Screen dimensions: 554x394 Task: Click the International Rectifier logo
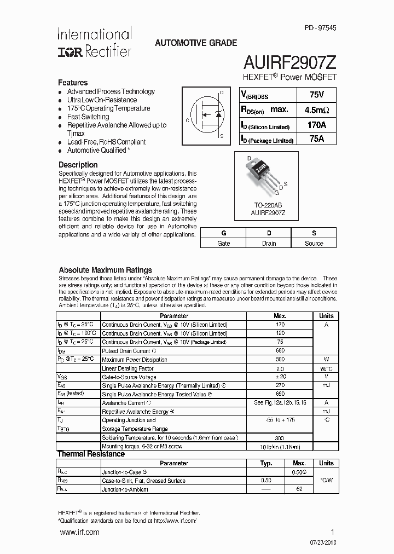(x=95, y=43)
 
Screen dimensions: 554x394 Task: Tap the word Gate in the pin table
(x=223, y=244)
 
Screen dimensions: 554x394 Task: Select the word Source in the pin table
(x=314, y=244)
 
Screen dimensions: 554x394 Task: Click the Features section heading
(x=73, y=82)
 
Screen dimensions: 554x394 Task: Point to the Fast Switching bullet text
(x=88, y=117)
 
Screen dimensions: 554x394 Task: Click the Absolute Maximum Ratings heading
(x=105, y=270)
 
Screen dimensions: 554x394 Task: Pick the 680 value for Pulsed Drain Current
(x=280, y=350)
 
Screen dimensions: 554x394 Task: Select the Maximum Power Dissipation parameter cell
(x=135, y=359)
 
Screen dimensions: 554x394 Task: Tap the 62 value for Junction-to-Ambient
(x=299, y=489)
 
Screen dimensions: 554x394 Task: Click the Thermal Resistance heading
(x=91, y=454)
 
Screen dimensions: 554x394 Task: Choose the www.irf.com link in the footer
(x=79, y=532)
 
